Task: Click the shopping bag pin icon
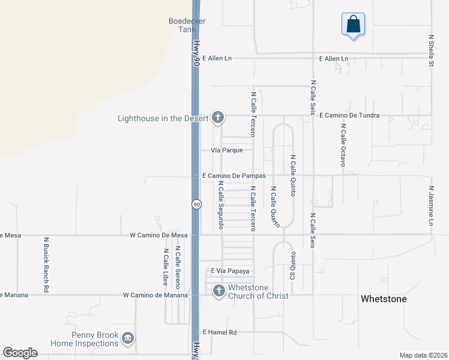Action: click(x=354, y=25)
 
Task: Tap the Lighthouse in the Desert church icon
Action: click(x=218, y=118)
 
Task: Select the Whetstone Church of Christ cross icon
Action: click(x=219, y=291)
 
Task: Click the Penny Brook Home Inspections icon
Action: click(x=127, y=339)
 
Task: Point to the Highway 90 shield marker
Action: click(x=196, y=205)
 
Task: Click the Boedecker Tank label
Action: click(x=187, y=25)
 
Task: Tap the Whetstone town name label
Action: click(x=383, y=299)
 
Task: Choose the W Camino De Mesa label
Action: click(x=158, y=235)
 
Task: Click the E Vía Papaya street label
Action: click(x=226, y=271)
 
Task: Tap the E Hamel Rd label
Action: click(x=220, y=332)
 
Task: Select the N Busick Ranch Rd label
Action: click(x=46, y=264)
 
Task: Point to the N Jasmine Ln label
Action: click(x=431, y=205)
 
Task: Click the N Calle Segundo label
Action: click(x=221, y=205)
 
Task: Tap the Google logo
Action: click(x=20, y=353)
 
